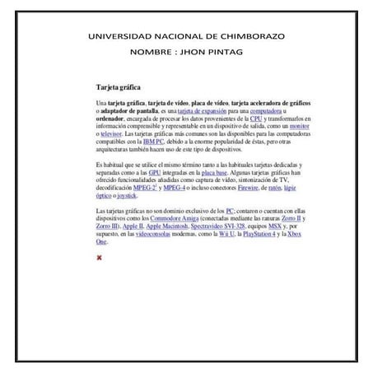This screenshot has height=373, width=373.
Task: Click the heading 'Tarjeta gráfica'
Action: [x=119, y=86]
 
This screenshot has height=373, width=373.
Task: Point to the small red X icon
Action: [x=100, y=258]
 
